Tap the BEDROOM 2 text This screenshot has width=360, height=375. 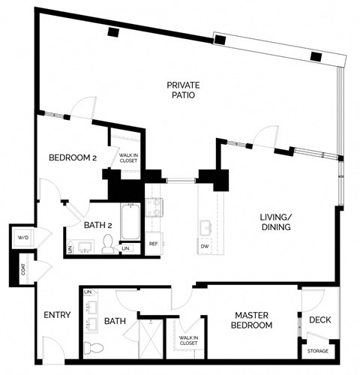73,157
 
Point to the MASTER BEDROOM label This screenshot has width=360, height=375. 251,320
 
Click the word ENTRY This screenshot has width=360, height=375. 56,315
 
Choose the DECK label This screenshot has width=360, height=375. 319,320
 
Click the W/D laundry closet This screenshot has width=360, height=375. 22,238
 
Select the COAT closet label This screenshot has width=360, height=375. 23,267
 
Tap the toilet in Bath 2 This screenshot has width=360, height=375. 108,243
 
